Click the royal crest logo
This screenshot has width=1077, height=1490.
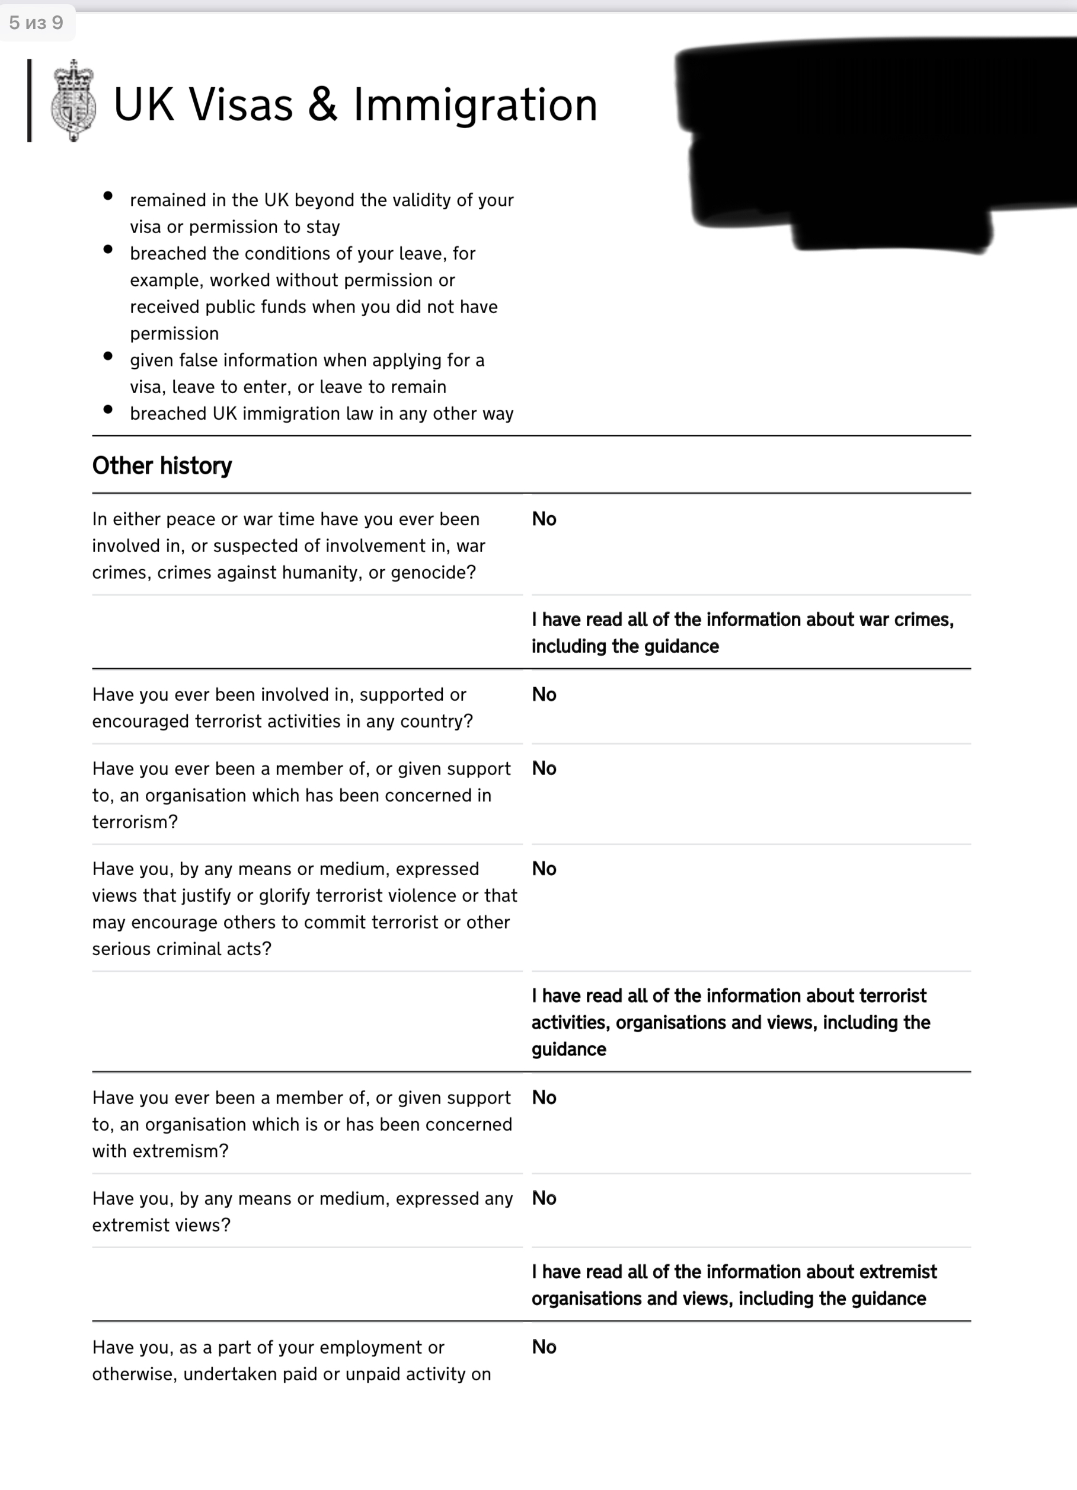[73, 101]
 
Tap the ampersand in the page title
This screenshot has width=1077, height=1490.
[322, 105]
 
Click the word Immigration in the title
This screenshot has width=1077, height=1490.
[475, 105]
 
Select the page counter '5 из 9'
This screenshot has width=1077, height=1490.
[36, 23]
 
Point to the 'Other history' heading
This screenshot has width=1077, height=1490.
[162, 466]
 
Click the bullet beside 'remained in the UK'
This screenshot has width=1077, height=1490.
[108, 196]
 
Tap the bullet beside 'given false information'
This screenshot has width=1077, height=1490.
[108, 356]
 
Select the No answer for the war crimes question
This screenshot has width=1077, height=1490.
[544, 519]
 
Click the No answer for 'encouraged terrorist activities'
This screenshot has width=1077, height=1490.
[544, 694]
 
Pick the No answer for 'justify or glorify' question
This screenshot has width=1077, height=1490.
[544, 869]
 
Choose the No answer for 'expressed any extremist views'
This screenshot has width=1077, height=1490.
[544, 1198]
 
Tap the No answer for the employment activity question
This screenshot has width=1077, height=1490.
[544, 1347]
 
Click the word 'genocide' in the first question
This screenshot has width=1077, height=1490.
[433, 573]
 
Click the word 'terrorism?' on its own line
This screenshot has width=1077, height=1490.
[135, 822]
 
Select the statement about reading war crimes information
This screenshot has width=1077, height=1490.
[742, 633]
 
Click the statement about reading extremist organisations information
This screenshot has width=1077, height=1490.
[734, 1285]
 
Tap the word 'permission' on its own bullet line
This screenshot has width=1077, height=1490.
[174, 334]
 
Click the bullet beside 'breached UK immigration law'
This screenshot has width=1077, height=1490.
[108, 409]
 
